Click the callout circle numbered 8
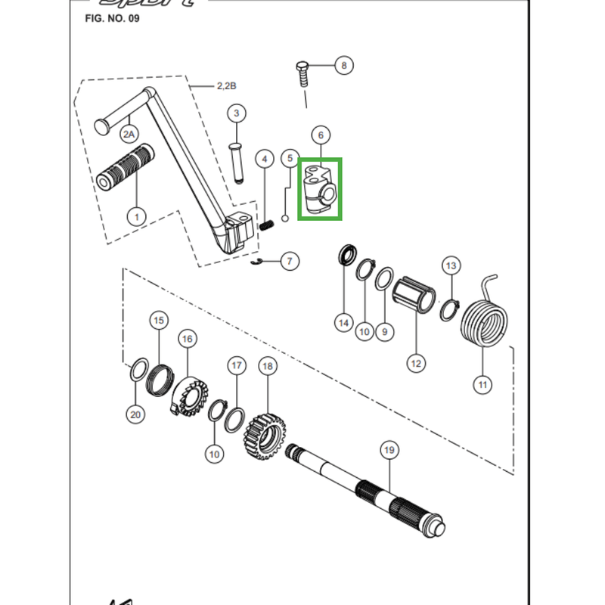coord(343,65)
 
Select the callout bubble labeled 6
coord(321,135)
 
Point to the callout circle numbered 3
coord(236,114)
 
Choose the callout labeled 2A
coord(129,134)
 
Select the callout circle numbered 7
coord(289,262)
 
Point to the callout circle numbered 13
coord(451,265)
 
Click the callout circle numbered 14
coord(343,323)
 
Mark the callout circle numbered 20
coord(135,414)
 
